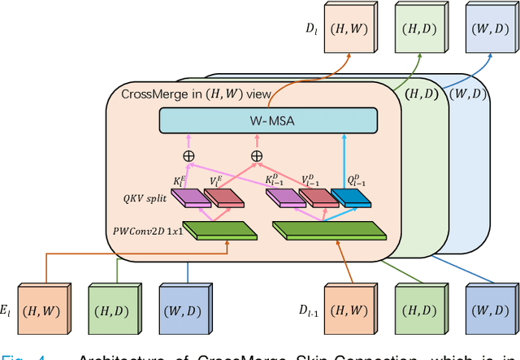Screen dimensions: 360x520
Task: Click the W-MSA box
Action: tap(269, 121)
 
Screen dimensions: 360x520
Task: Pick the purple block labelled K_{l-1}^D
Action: tap(283, 196)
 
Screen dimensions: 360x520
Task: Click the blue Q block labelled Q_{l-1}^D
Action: tap(347, 196)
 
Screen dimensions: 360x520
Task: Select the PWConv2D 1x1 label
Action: tap(145, 232)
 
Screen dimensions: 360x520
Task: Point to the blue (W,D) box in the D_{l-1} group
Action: tap(489, 310)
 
